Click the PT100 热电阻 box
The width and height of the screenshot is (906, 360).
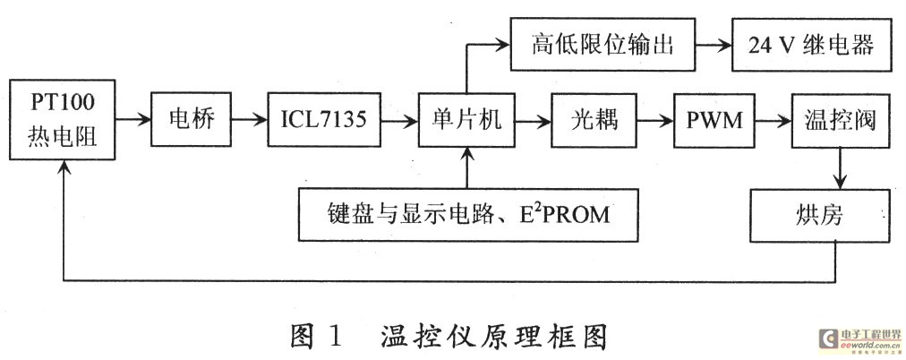pyautogui.click(x=63, y=120)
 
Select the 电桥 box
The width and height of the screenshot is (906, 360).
pyautogui.click(x=192, y=120)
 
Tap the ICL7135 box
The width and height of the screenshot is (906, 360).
pyautogui.click(x=324, y=120)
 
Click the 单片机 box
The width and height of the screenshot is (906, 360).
pyautogui.click(x=466, y=120)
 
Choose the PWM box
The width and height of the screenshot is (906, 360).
pyautogui.click(x=714, y=120)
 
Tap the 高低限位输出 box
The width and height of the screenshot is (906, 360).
pyautogui.click(x=603, y=45)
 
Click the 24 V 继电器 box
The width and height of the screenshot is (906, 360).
pyautogui.click(x=812, y=45)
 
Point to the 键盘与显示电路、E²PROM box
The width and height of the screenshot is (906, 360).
pyautogui.click(x=468, y=214)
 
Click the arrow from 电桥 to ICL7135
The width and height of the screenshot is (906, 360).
pyautogui.click(x=250, y=120)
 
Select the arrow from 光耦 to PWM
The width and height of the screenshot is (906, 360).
pyautogui.click(x=654, y=120)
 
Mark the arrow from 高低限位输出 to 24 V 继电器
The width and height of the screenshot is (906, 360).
pyautogui.click(x=713, y=45)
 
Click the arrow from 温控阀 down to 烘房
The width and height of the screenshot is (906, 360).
pyautogui.click(x=839, y=167)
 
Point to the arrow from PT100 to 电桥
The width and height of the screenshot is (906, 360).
pyautogui.click(x=133, y=120)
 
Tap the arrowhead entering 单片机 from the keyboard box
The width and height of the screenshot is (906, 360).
pyautogui.click(x=466, y=154)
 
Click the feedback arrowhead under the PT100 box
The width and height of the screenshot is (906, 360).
pyautogui.click(x=63, y=167)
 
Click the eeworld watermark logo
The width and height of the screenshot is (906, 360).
pyautogui.click(x=860, y=340)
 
